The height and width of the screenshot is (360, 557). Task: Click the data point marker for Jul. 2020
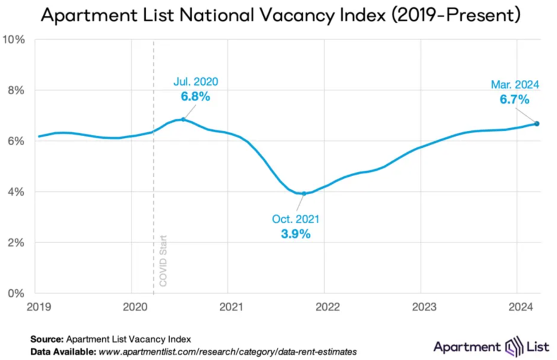[183, 119]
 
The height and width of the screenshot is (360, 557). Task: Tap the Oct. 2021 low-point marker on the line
[304, 194]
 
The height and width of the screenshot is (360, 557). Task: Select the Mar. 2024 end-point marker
[536, 123]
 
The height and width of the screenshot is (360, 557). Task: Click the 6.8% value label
[195, 97]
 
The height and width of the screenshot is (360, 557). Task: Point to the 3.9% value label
[295, 234]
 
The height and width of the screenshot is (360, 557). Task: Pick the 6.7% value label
[514, 100]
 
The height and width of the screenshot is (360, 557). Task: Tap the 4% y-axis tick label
[16, 192]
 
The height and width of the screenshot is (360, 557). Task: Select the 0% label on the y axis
[16, 294]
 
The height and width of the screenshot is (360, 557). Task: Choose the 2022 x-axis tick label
[324, 307]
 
